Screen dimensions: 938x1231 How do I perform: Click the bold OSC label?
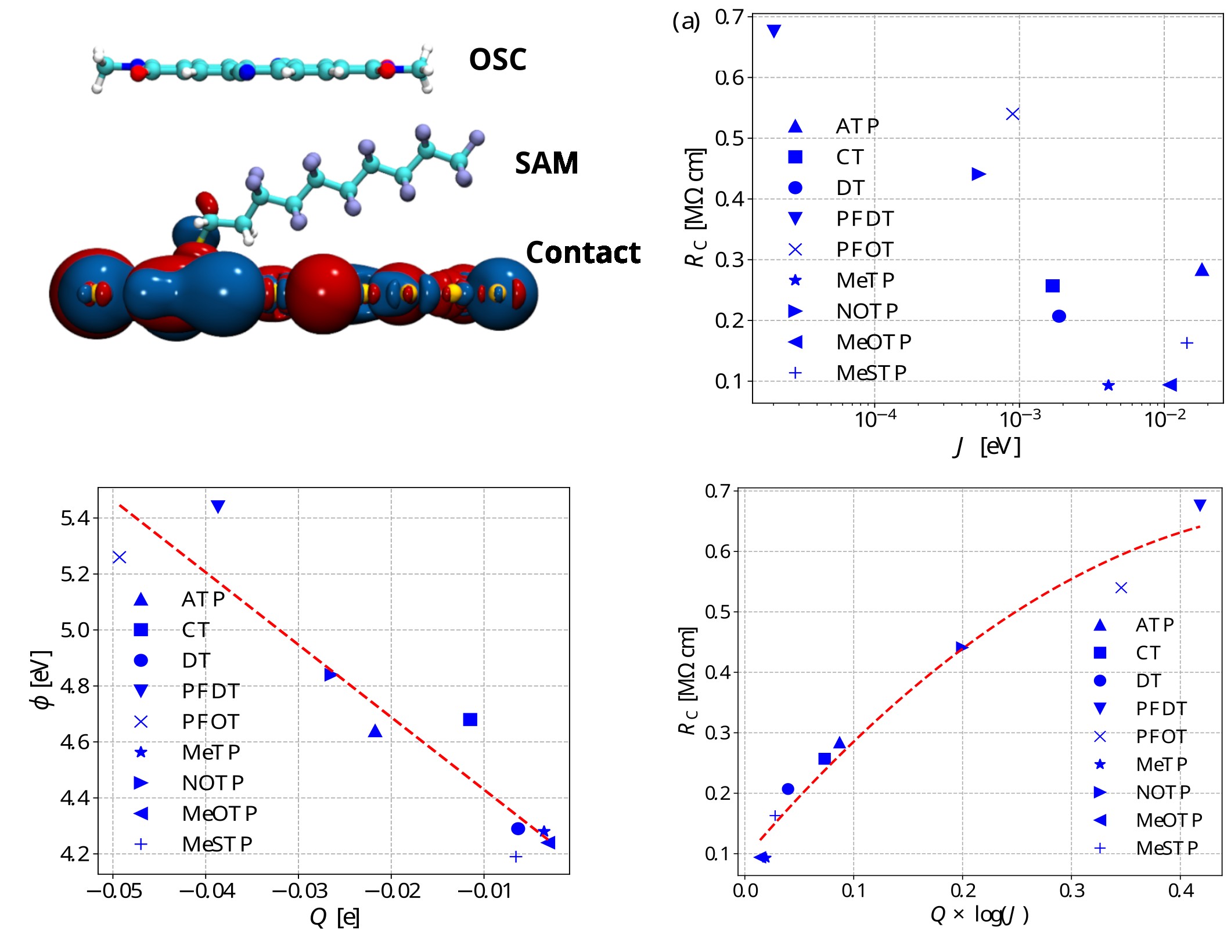[497, 60]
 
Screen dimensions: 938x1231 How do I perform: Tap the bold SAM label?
[546, 163]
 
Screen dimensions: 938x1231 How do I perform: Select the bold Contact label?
[582, 252]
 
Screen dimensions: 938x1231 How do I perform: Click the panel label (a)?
[686, 22]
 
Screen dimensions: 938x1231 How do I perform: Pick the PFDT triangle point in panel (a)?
[773, 31]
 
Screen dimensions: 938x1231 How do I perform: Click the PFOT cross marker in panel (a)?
[1012, 114]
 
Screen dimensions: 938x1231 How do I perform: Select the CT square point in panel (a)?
[1052, 286]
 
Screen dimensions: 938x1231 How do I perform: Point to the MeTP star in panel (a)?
[1108, 385]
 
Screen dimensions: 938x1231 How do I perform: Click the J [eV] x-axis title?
[987, 446]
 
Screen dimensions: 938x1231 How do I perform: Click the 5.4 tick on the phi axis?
[75, 518]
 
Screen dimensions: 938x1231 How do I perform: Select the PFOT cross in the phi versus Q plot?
[119, 557]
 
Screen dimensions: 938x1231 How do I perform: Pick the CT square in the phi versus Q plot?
[470, 720]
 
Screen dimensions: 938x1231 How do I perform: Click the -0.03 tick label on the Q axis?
[299, 890]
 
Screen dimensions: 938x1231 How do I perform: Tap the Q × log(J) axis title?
[979, 915]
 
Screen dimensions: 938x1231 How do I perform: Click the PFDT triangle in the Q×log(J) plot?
[1200, 506]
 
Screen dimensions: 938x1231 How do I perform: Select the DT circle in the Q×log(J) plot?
[787, 789]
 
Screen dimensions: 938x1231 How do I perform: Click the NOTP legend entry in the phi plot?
[212, 783]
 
